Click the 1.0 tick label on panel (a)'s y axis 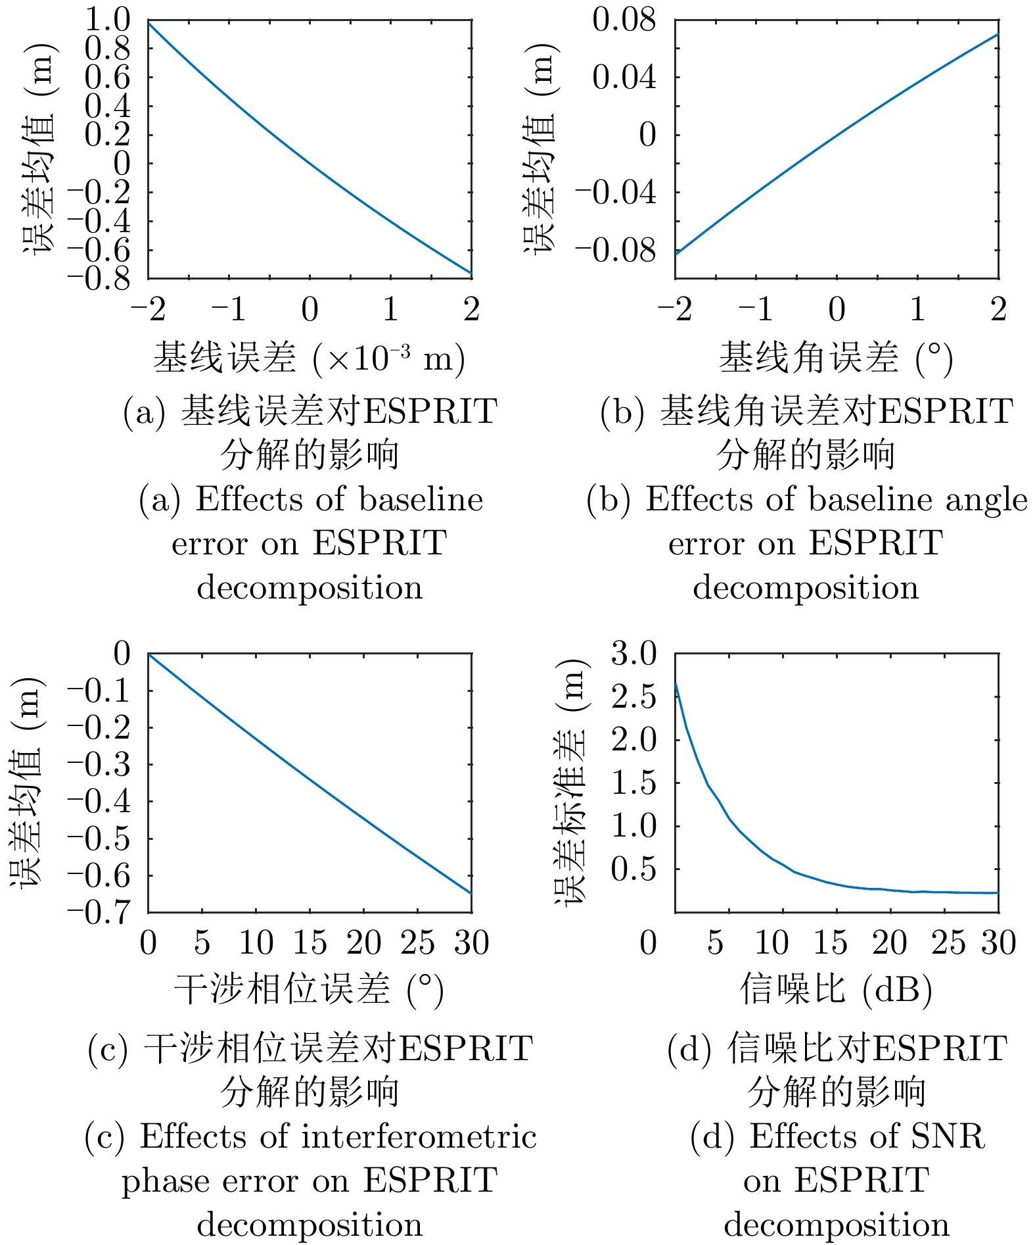click(108, 20)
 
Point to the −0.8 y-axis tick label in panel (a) click(99, 278)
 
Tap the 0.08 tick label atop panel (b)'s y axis click(624, 20)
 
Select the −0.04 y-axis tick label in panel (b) click(616, 193)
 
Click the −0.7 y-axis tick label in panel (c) click(99, 912)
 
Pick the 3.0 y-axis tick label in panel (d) click(634, 654)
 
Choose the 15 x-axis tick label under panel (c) click(310, 943)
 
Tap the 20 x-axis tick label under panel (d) click(889, 943)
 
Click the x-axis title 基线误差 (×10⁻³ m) click(310, 358)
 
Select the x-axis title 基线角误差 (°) click(836, 358)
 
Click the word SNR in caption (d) click(947, 1136)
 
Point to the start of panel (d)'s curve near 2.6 click(676, 684)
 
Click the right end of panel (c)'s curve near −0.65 click(471, 893)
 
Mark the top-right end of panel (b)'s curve click(998, 34)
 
